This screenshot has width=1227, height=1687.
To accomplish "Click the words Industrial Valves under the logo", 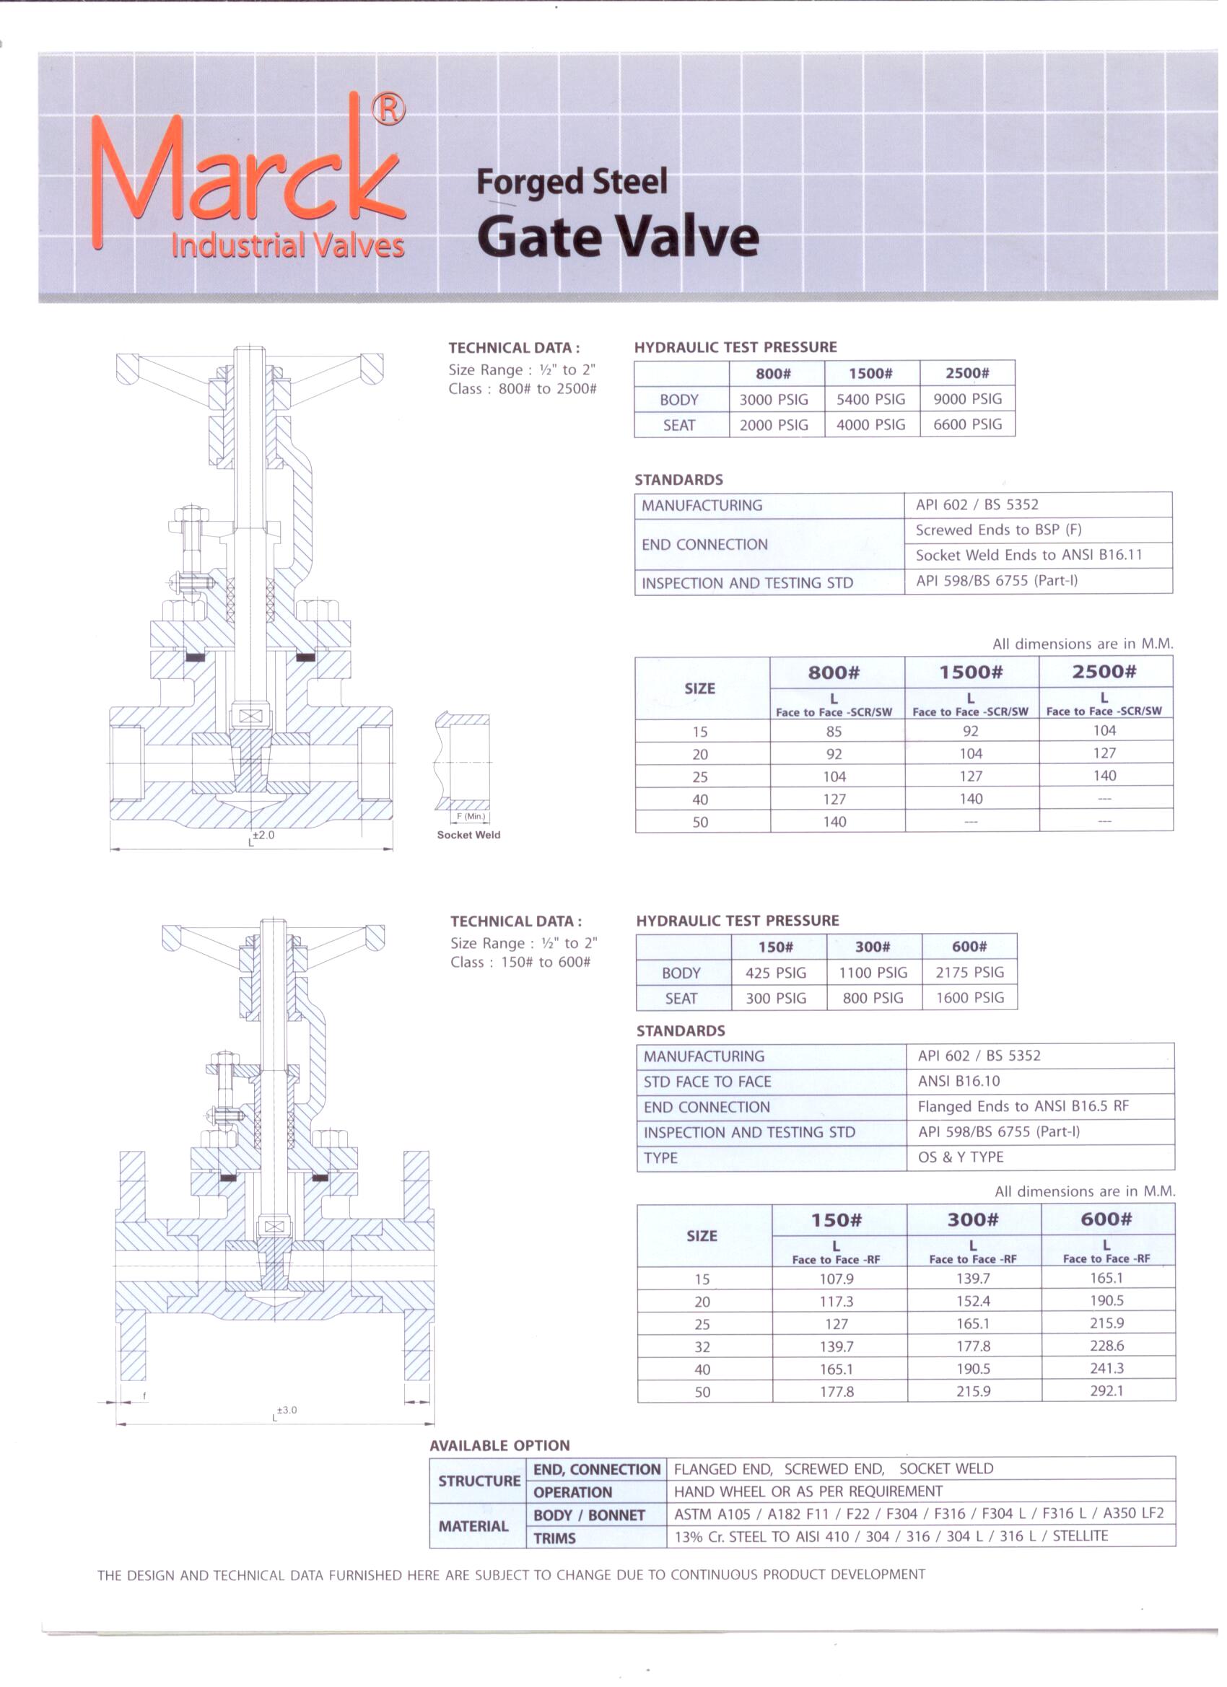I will (x=287, y=245).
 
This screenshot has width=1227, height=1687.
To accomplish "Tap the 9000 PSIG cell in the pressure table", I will (x=967, y=399).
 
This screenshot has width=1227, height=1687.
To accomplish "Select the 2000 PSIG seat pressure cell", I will (x=773, y=425).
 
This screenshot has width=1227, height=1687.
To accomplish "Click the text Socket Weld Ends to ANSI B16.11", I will (x=1029, y=555).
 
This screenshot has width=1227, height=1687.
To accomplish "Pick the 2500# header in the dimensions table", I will (x=1104, y=672).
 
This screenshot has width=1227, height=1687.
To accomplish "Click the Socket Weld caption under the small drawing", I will (x=468, y=835).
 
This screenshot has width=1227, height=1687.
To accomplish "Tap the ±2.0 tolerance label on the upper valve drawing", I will (x=263, y=835).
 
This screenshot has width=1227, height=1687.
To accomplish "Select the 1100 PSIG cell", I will (x=873, y=972).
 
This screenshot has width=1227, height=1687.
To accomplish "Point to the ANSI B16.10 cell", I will (x=959, y=1081).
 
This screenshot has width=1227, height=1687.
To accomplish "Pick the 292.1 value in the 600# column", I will (x=1106, y=1390).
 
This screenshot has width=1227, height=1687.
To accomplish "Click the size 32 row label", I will (x=702, y=1346).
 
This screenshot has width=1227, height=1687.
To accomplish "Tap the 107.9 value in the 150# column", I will (x=837, y=1279).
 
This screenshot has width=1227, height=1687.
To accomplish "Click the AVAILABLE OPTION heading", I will (x=499, y=1445).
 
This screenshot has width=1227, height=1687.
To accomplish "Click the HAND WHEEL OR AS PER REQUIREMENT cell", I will (x=808, y=1491).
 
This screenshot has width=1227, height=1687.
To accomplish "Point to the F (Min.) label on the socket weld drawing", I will (x=471, y=817).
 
